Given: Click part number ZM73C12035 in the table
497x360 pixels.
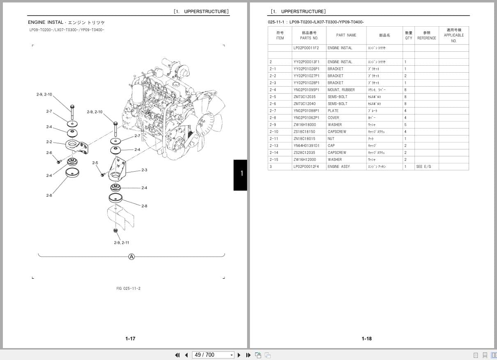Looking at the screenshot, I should [x=305, y=97].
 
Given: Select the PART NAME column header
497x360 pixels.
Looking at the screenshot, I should [x=346, y=35].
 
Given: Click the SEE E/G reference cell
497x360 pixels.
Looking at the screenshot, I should [x=423, y=167].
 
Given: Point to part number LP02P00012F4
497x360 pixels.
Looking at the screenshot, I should [x=306, y=167].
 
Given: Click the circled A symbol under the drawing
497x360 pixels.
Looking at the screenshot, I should [x=131, y=257].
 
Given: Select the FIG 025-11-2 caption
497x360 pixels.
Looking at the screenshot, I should [x=128, y=289].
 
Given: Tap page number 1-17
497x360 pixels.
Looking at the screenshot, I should [x=130, y=339].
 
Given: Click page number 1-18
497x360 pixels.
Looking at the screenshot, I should [x=366, y=339].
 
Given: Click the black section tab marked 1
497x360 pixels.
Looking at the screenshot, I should [x=240, y=175].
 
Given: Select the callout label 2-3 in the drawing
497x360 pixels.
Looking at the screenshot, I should [x=144, y=170].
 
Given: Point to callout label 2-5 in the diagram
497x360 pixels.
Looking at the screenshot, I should [x=95, y=163].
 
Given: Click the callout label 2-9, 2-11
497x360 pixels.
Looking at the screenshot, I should [x=121, y=243].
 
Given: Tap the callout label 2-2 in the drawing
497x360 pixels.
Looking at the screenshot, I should [x=49, y=142].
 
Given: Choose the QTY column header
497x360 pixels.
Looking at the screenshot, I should [x=408, y=35].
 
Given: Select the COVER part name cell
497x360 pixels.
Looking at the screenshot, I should [x=334, y=118].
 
